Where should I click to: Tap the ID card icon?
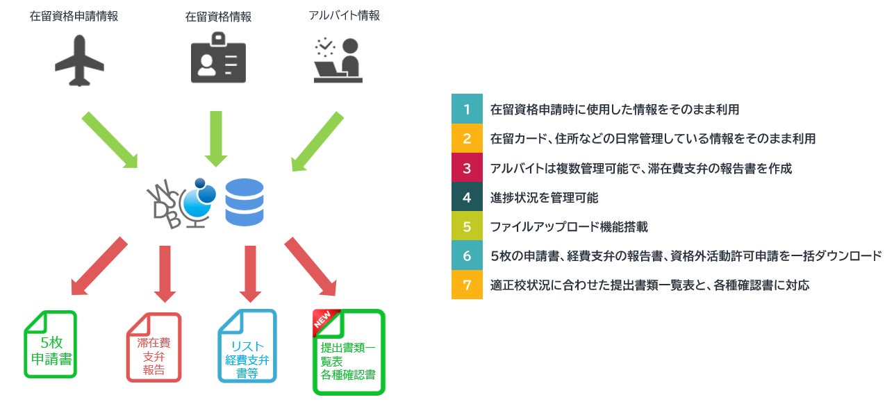pyautogui.click(x=218, y=60)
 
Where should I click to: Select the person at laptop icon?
pyautogui.click(x=338, y=61)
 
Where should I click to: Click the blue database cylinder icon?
pyautogui.click(x=245, y=202)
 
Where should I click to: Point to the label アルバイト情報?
pyautogui.click(x=345, y=15)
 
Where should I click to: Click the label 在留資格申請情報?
pyautogui.click(x=74, y=16)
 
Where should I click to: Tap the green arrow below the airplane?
pyautogui.click(x=110, y=140)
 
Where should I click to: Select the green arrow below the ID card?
pyautogui.click(x=217, y=138)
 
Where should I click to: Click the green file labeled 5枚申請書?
pyautogui.click(x=50, y=344)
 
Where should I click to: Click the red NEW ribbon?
pyautogui.click(x=324, y=320)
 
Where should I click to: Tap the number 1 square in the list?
pyautogui.click(x=467, y=109)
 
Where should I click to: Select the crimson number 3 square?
pyautogui.click(x=467, y=168)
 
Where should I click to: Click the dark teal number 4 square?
pyautogui.click(x=467, y=197)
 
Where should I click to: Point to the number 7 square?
pyautogui.click(x=467, y=285)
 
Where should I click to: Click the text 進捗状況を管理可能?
pyautogui.click(x=544, y=197)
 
